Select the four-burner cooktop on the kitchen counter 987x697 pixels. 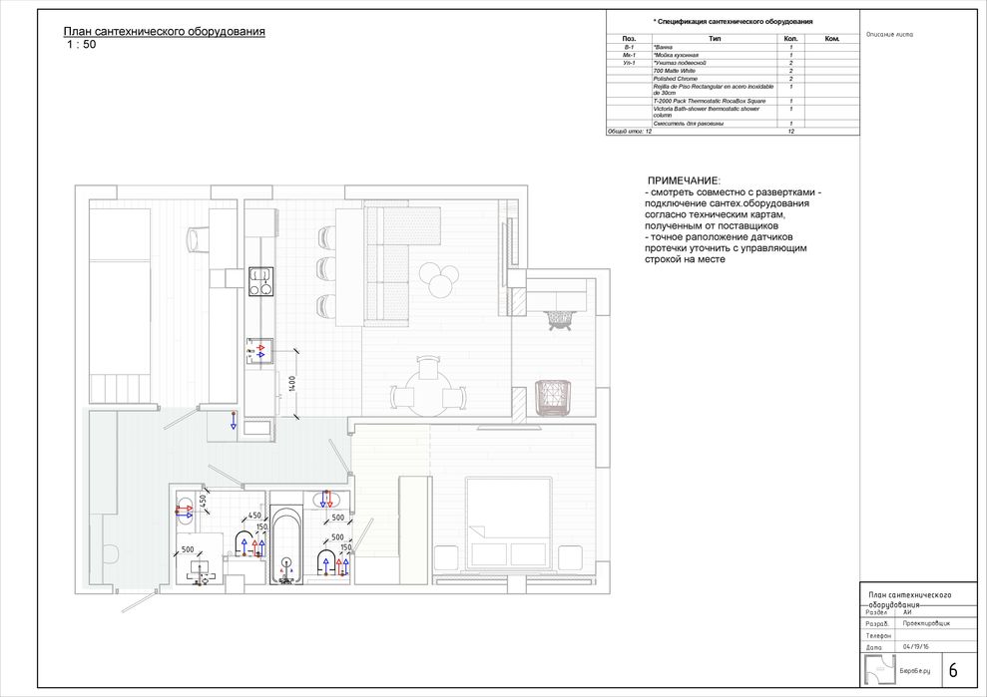[260, 281]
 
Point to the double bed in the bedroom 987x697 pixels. [509, 523]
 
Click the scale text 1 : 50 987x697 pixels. [82, 45]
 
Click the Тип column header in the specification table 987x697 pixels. [715, 39]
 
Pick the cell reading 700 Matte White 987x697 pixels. [676, 71]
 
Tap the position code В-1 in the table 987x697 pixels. [628, 47]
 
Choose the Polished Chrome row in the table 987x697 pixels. [676, 79]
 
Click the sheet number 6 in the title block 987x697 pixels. [952, 670]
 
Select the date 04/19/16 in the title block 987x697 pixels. [914, 646]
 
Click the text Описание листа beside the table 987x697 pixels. [890, 33]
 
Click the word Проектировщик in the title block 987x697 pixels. [926, 622]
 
